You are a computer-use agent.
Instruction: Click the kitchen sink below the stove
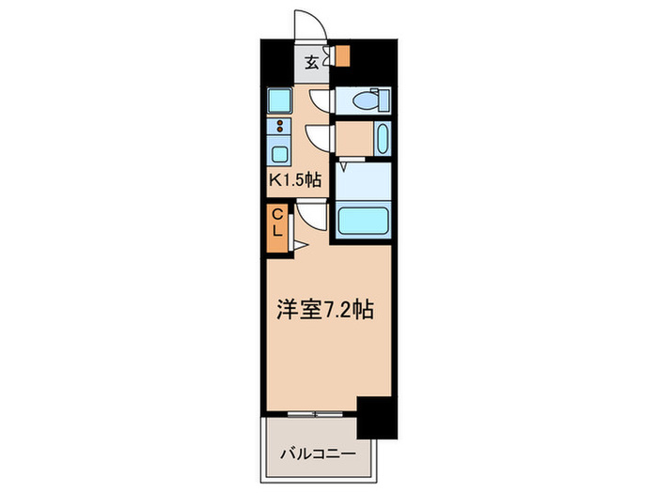click(x=280, y=154)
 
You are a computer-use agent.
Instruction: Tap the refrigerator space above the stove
click(x=278, y=100)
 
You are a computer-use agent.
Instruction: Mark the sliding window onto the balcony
click(x=310, y=413)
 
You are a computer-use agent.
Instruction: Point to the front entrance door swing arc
click(x=308, y=25)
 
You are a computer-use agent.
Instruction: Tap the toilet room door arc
click(x=320, y=100)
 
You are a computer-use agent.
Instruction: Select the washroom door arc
click(x=320, y=138)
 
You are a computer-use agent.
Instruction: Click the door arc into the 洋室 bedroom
click(x=314, y=218)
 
